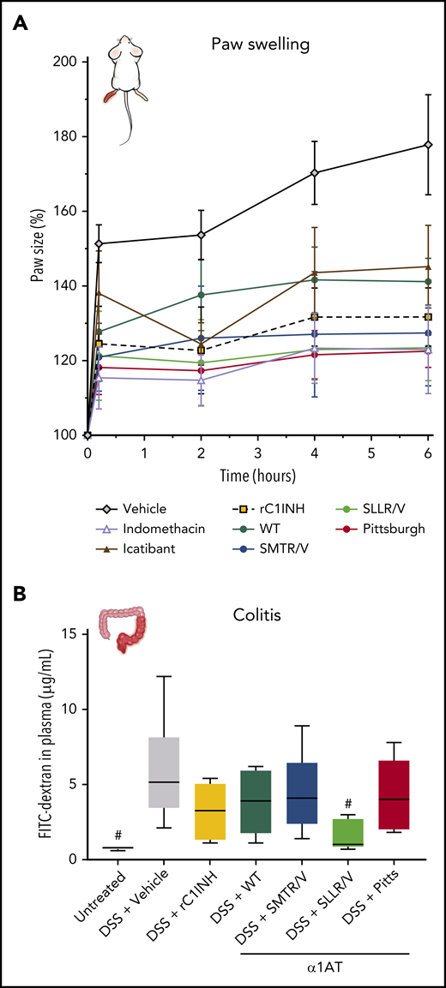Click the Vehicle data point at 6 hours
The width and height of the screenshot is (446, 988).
pos(428,145)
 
